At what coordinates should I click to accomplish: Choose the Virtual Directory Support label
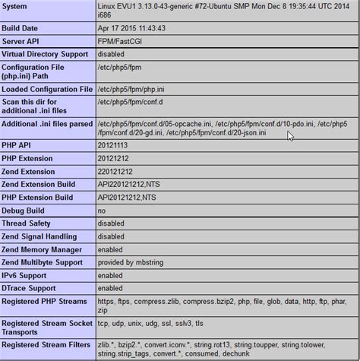click(46, 53)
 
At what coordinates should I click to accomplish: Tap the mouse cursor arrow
click(290, 136)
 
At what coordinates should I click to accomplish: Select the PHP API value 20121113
click(115, 144)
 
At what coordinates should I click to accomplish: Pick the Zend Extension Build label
click(39, 184)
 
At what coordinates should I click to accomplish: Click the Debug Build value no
click(102, 211)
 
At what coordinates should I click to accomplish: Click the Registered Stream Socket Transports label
click(46, 328)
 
